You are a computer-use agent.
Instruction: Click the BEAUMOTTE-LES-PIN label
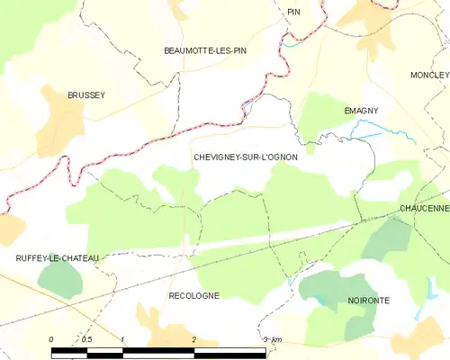[x=205, y=51]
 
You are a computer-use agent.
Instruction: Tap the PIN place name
[x=293, y=12]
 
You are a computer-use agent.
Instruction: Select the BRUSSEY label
[x=86, y=94]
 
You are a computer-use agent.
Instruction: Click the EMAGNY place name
[x=361, y=111]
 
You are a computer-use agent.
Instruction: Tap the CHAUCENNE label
[x=425, y=208]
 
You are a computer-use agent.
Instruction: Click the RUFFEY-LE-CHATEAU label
[x=57, y=258]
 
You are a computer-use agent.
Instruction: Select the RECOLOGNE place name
[x=193, y=295]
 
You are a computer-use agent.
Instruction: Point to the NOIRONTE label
[x=368, y=300]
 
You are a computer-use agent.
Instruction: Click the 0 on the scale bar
[x=51, y=339]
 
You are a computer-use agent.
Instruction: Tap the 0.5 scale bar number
[x=86, y=339]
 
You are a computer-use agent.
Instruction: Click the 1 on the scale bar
[x=122, y=339]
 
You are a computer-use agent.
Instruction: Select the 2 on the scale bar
[x=193, y=339]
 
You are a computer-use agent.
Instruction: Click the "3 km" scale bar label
[x=272, y=339]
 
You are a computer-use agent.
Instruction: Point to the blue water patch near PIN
[x=289, y=41]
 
